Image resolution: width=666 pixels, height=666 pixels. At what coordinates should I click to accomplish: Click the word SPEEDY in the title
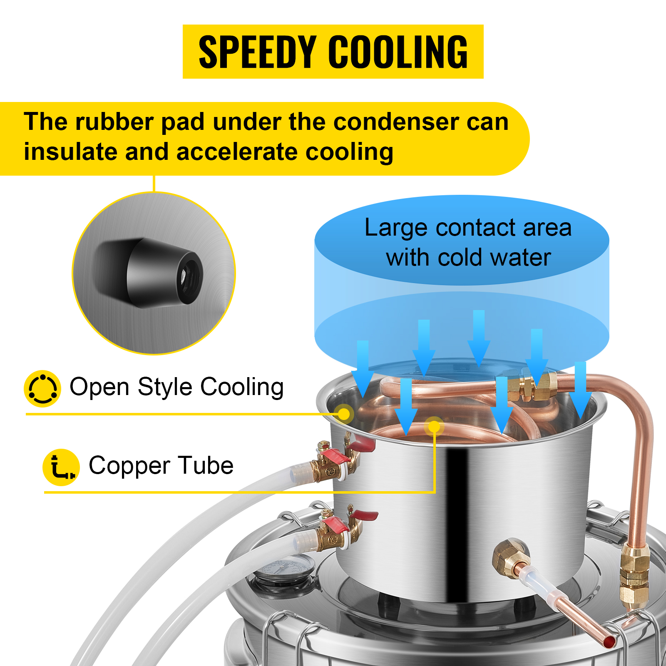click(x=258, y=52)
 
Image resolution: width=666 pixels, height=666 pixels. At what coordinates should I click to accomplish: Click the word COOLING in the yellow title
click(x=398, y=52)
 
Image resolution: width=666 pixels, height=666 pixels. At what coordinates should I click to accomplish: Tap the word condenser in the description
click(x=396, y=122)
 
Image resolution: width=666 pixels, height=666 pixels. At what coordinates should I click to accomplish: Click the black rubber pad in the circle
click(x=150, y=273)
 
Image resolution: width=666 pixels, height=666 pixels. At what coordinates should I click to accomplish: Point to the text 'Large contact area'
click(x=468, y=228)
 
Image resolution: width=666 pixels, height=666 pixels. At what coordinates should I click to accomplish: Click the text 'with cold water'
click(x=468, y=258)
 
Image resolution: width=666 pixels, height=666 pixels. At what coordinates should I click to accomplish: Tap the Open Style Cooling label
click(x=176, y=387)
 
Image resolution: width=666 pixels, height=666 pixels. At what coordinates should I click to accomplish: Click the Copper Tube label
click(x=161, y=465)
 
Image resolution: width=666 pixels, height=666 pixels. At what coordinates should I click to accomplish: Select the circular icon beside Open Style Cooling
click(x=42, y=388)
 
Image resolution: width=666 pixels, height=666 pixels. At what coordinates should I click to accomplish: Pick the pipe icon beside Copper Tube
click(x=61, y=467)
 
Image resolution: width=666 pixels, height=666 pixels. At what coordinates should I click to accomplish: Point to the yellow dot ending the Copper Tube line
click(x=434, y=427)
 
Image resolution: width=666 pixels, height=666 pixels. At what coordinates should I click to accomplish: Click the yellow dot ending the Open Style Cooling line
click(x=344, y=414)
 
